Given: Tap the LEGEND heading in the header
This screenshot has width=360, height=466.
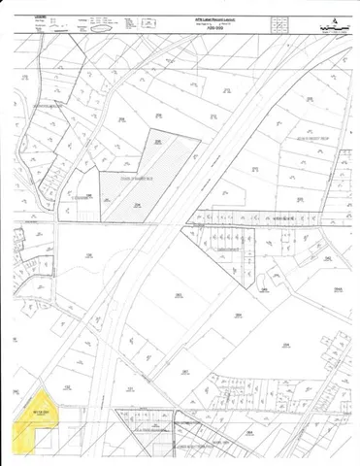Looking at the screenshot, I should pyautogui.click(x=40, y=17).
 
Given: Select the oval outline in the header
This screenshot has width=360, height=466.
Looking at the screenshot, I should pyautogui.click(x=108, y=29).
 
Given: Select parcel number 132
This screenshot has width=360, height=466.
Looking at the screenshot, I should pyautogui.click(x=89, y=254).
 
